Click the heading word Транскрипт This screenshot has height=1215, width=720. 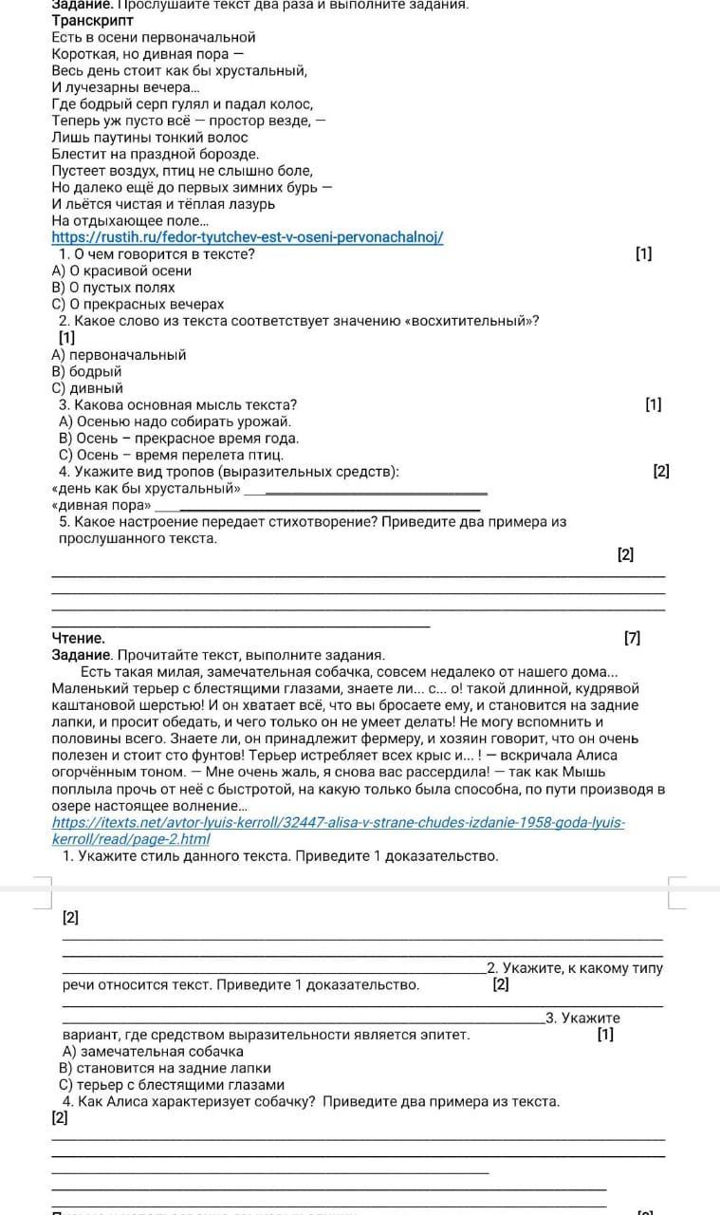[92, 20]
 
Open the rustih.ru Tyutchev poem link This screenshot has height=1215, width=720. [247, 236]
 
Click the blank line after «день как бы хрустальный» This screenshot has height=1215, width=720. [365, 492]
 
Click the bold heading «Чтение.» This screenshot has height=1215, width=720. [78, 638]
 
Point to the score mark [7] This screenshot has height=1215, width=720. [633, 638]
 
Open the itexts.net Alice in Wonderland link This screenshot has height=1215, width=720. [338, 823]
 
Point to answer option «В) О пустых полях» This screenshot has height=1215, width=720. [113, 287]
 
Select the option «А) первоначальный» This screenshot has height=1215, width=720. [119, 354]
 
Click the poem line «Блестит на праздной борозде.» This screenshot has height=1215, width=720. [156, 154]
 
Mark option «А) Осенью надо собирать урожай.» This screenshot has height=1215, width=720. [175, 421]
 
